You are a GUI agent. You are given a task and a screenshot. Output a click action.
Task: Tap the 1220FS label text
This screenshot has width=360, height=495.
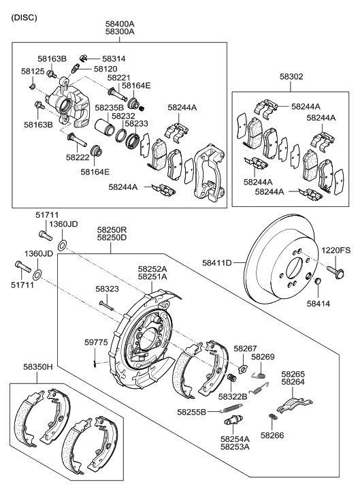(x=336, y=251)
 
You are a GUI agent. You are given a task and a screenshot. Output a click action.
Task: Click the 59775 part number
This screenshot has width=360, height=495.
(x=96, y=342)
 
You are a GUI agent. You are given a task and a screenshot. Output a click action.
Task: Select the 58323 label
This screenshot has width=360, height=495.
(x=108, y=289)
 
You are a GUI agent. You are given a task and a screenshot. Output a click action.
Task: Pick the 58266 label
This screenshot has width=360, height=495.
(x=272, y=434)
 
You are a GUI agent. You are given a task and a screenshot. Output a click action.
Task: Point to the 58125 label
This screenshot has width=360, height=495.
(x=33, y=71)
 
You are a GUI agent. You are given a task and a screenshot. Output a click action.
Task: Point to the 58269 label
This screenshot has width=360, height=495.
(x=262, y=356)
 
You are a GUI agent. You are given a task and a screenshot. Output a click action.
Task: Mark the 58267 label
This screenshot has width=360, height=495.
(x=245, y=348)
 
